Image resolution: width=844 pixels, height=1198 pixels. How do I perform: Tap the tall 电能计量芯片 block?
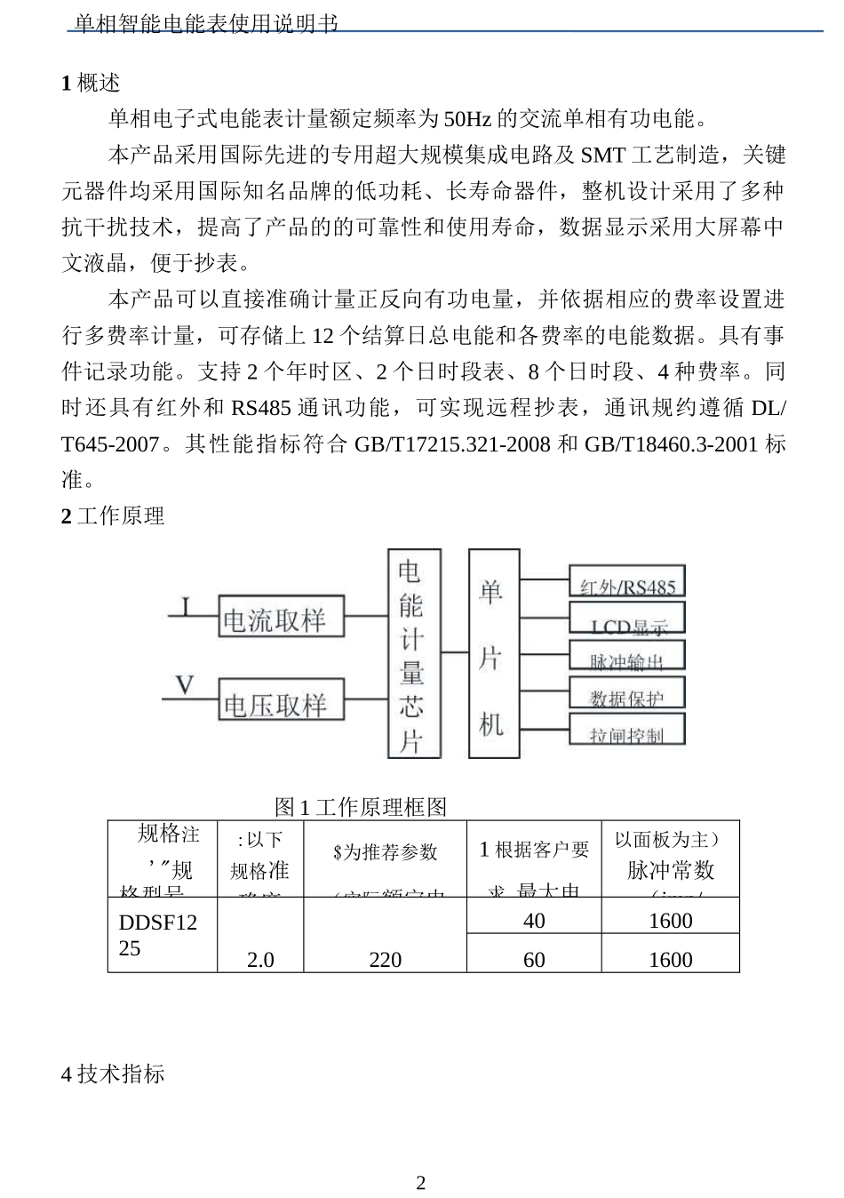coord(413,654)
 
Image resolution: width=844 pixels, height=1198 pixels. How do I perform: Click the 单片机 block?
coord(493,654)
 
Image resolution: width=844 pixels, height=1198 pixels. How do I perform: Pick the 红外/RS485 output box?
coord(627,583)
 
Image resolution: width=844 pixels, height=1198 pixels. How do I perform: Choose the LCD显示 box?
coord(627,620)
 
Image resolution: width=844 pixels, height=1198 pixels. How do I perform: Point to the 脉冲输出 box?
coord(627,657)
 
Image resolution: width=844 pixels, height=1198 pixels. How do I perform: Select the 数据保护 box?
coord(627,694)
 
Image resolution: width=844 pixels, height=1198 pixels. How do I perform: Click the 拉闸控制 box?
coord(627,731)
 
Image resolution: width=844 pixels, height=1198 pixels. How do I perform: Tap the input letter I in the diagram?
coord(185,606)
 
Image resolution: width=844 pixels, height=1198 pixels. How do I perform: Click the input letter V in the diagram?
coord(184,686)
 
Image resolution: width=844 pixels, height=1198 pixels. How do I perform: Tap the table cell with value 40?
coord(534,921)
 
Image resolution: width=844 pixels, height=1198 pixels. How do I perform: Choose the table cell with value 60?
coord(534,959)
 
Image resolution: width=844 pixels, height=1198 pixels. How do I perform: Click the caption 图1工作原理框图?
coord(361,807)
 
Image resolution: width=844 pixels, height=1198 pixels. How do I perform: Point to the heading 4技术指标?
coord(113,1074)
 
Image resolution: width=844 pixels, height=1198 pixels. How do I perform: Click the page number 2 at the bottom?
coord(421,1183)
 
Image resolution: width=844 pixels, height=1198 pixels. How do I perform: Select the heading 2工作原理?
coord(113,516)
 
